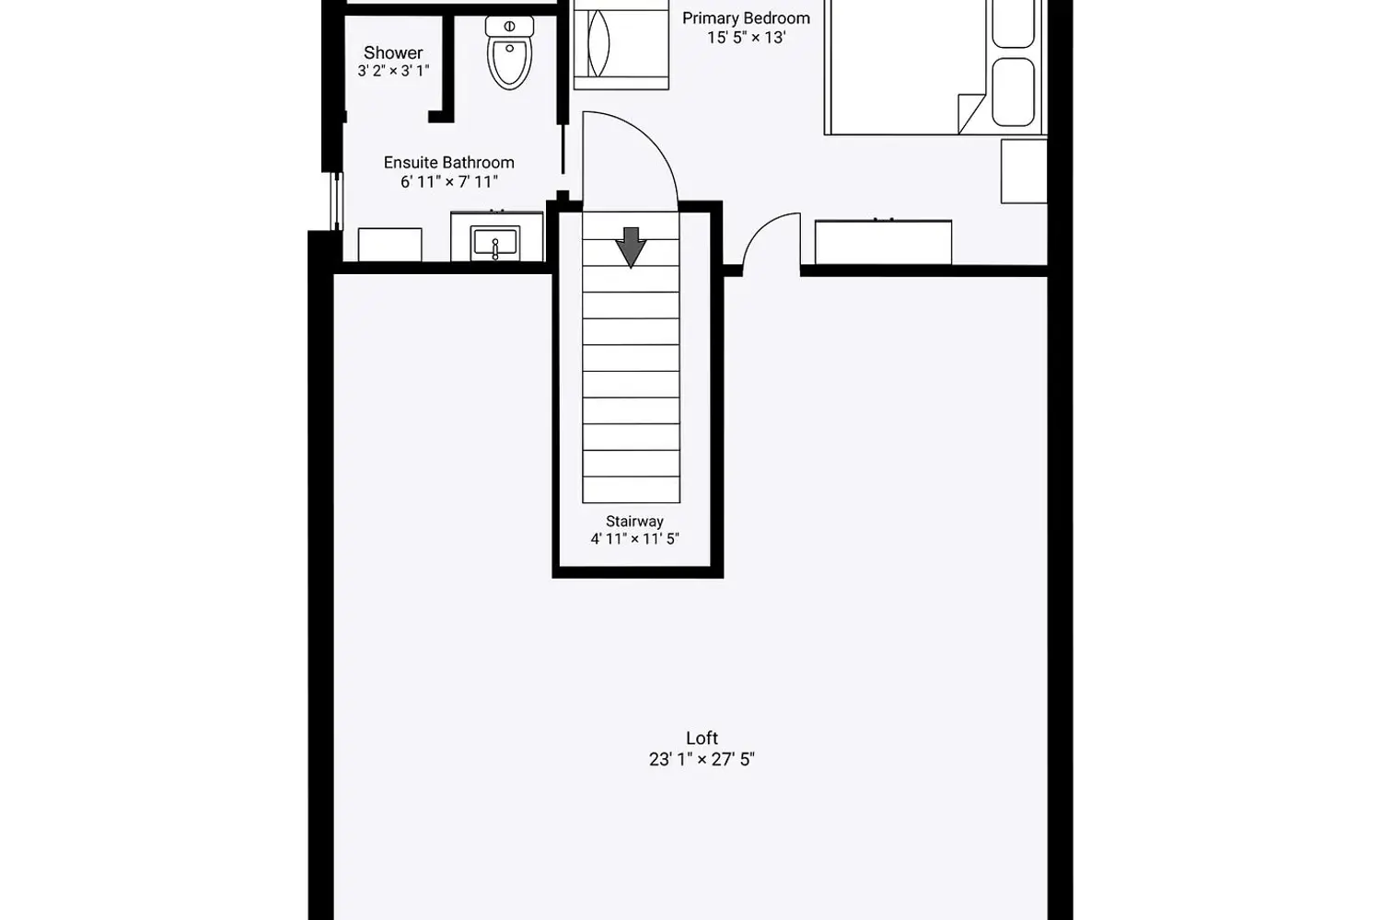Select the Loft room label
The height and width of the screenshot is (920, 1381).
coord(702,738)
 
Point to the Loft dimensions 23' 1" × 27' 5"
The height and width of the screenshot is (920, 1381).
coord(702,759)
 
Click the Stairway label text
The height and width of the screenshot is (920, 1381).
coord(634,521)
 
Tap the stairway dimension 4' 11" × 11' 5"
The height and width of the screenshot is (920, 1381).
coord(634,539)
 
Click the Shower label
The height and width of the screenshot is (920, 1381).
coord(393,52)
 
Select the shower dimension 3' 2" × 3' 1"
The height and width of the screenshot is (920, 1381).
coord(393,71)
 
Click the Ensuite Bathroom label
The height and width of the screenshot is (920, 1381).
coord(448,162)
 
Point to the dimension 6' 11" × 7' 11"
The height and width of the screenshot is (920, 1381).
coord(448,182)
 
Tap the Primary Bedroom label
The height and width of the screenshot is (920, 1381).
coord(746,17)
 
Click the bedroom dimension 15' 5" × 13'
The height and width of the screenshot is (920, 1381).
coord(746,38)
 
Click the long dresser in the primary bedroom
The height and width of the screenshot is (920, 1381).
coord(883,242)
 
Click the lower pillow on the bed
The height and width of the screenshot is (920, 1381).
coord(1014,92)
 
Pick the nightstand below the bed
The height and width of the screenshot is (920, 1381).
coord(1024,171)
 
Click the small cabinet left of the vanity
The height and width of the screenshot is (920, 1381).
coord(389,245)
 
